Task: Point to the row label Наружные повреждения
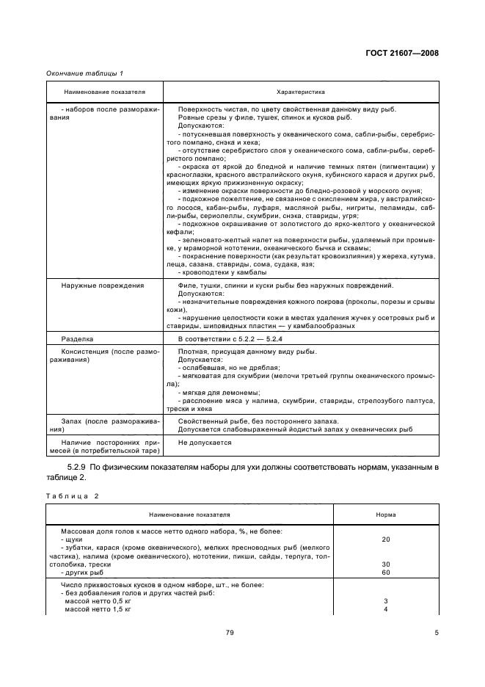coord(92,285)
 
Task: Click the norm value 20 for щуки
coord(385,539)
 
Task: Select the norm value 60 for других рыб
coord(385,572)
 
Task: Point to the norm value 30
coord(385,564)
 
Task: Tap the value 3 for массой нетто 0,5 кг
coord(385,601)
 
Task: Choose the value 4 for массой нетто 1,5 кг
coord(385,609)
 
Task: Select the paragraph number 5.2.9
coord(78,467)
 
